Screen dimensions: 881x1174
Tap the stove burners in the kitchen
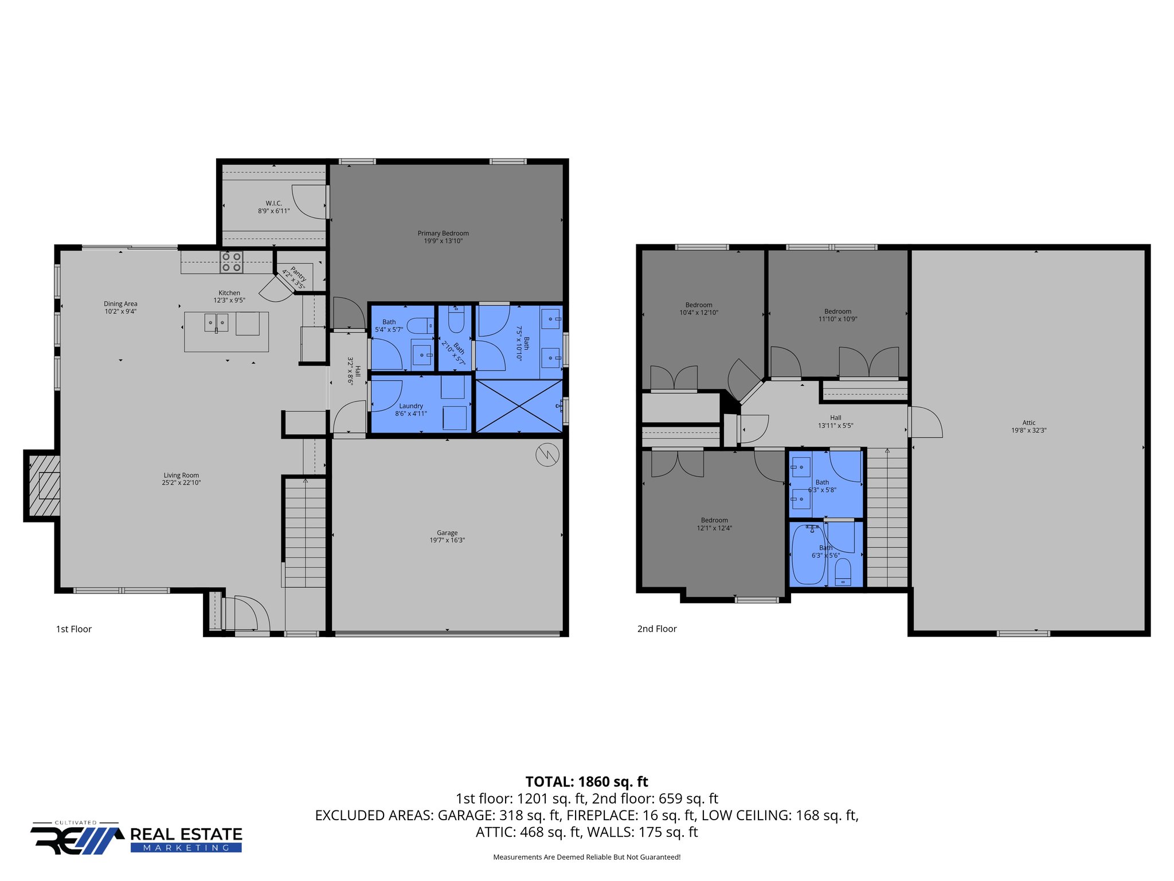pos(232,262)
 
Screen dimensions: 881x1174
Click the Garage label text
pos(447,533)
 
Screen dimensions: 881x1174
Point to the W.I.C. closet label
pos(273,204)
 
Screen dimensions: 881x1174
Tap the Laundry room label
pos(411,406)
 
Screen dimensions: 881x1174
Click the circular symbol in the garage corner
pos(547,455)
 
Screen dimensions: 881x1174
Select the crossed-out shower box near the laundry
pos(519,406)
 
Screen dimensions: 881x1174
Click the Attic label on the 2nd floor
pos(1028,423)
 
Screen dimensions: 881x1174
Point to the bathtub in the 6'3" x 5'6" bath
pos(808,555)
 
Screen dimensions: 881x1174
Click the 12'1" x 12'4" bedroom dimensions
pos(714,528)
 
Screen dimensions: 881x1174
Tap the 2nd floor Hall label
pos(835,418)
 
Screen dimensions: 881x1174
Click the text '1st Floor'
pos(74,629)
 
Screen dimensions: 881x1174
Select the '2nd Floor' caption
pos(657,629)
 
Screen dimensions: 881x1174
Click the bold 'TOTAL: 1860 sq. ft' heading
pos(586,782)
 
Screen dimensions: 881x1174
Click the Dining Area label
pos(120,304)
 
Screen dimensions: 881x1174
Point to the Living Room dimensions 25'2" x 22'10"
pos(181,483)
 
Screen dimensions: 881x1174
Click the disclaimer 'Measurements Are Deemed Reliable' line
pos(586,857)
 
